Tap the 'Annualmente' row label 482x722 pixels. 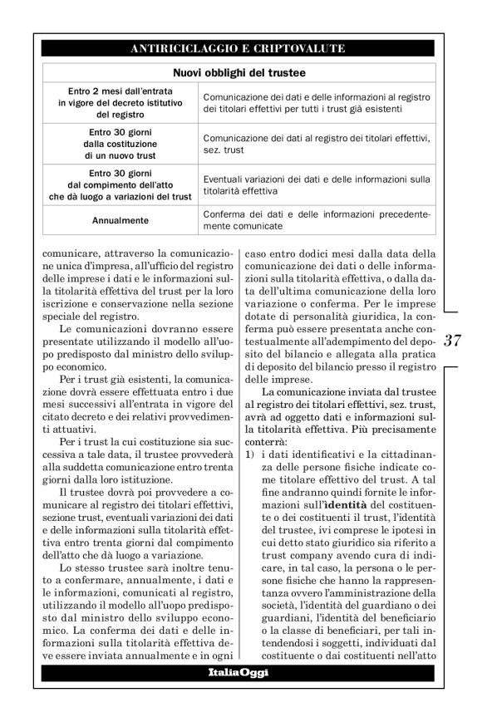coord(120,221)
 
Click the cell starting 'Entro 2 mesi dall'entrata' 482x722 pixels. coord(120,102)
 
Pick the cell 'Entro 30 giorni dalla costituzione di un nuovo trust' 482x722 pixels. coord(120,143)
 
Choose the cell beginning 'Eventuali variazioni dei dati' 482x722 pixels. coord(317,184)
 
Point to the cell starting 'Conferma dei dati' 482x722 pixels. coord(317,220)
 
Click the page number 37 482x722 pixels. coord(453,341)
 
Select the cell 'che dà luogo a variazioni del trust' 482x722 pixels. coord(120,196)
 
